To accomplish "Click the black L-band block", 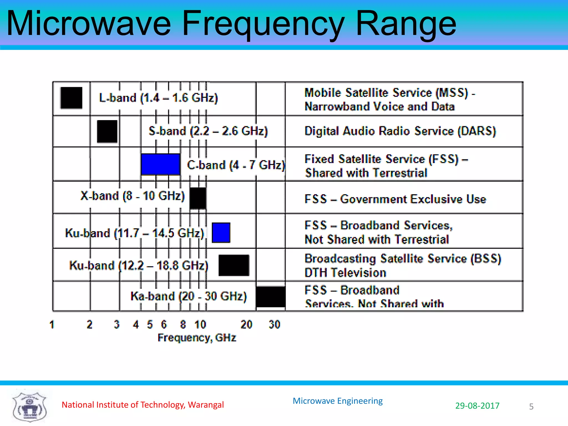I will (71, 98).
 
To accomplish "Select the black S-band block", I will (107, 131).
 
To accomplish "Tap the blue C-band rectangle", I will (160, 164).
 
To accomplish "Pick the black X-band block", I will (198, 198).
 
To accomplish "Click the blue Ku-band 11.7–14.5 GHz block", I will (221, 233).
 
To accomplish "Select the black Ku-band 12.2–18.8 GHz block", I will (234, 265).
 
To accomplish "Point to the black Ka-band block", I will (270, 297).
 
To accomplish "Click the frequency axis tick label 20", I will (246, 324).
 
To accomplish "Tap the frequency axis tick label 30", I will (274, 324).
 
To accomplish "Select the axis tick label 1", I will (52, 324).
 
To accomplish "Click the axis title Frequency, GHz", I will (197, 338).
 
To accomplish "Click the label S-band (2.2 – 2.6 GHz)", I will (208, 131).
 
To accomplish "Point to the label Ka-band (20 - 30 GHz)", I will (189, 296).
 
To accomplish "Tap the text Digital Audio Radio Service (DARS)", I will (400, 131).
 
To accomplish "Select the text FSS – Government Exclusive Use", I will (395, 199).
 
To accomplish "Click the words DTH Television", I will (345, 273).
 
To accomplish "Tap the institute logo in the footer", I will (29, 406).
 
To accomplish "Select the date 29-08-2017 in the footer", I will (477, 406).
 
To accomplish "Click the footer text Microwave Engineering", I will (338, 401).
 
